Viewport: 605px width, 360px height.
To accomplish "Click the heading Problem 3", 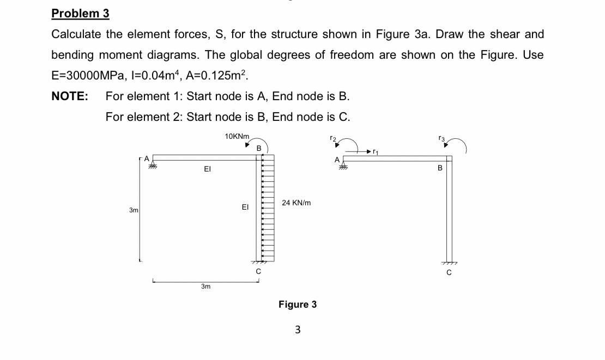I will tap(80, 13).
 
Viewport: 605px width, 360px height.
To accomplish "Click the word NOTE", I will tap(70, 96).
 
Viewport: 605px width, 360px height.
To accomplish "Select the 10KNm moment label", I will tap(237, 136).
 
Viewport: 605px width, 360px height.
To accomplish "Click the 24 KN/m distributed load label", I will tap(297, 203).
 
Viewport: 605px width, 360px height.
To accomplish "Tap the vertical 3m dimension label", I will tap(133, 210).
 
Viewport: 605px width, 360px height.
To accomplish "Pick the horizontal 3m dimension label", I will tap(205, 286).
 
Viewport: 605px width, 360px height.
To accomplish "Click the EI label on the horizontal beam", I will tap(207, 169).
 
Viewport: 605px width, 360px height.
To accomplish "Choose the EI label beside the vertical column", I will tap(245, 207).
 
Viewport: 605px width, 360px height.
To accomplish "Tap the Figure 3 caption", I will tap(297, 304).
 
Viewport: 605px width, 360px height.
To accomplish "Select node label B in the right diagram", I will tap(440, 168).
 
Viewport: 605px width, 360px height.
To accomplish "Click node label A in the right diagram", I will tap(337, 159).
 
